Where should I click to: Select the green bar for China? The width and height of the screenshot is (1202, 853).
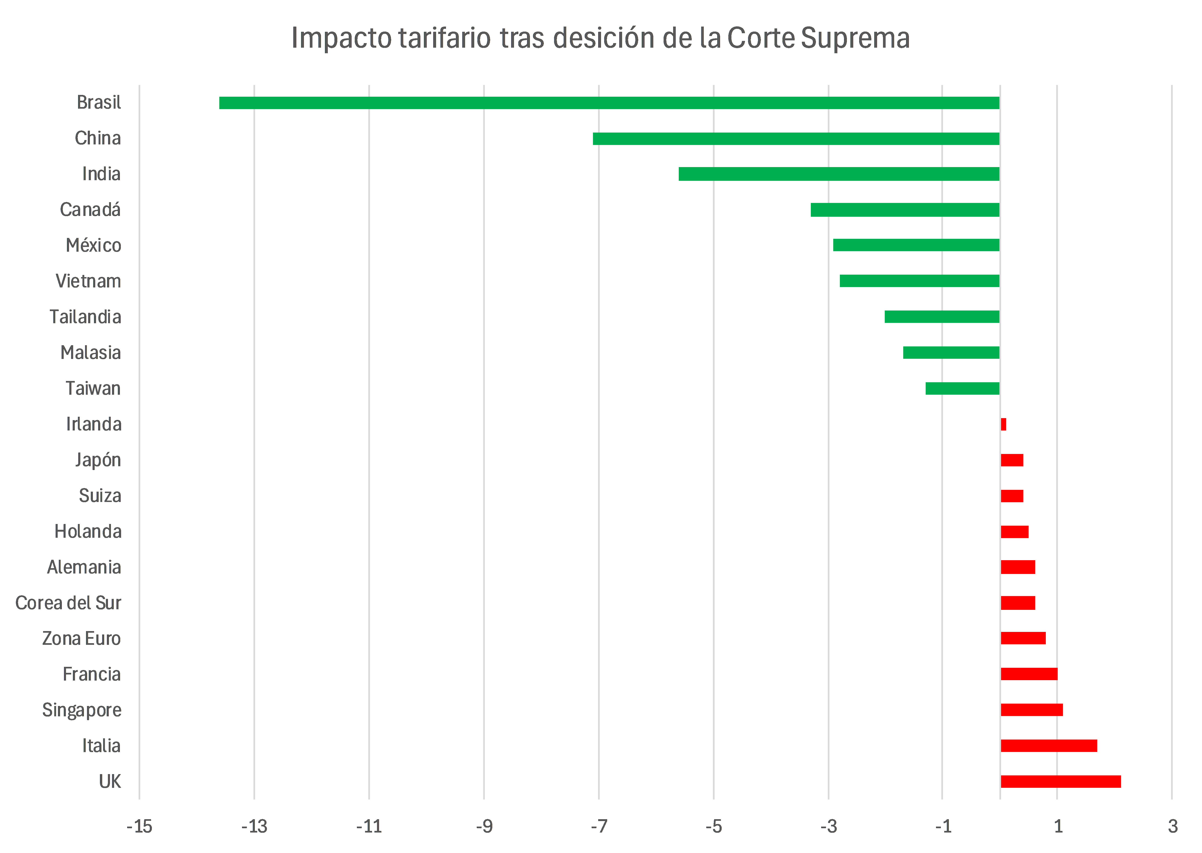coord(796,139)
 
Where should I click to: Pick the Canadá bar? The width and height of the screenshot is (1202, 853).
coord(905,210)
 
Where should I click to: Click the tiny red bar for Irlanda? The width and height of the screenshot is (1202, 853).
coord(1003,424)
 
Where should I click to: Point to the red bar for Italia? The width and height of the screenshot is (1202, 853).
coord(1049,745)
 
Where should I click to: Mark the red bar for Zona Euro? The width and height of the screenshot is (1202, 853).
coord(1023,638)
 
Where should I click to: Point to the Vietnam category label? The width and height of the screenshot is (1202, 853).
coord(88,281)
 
